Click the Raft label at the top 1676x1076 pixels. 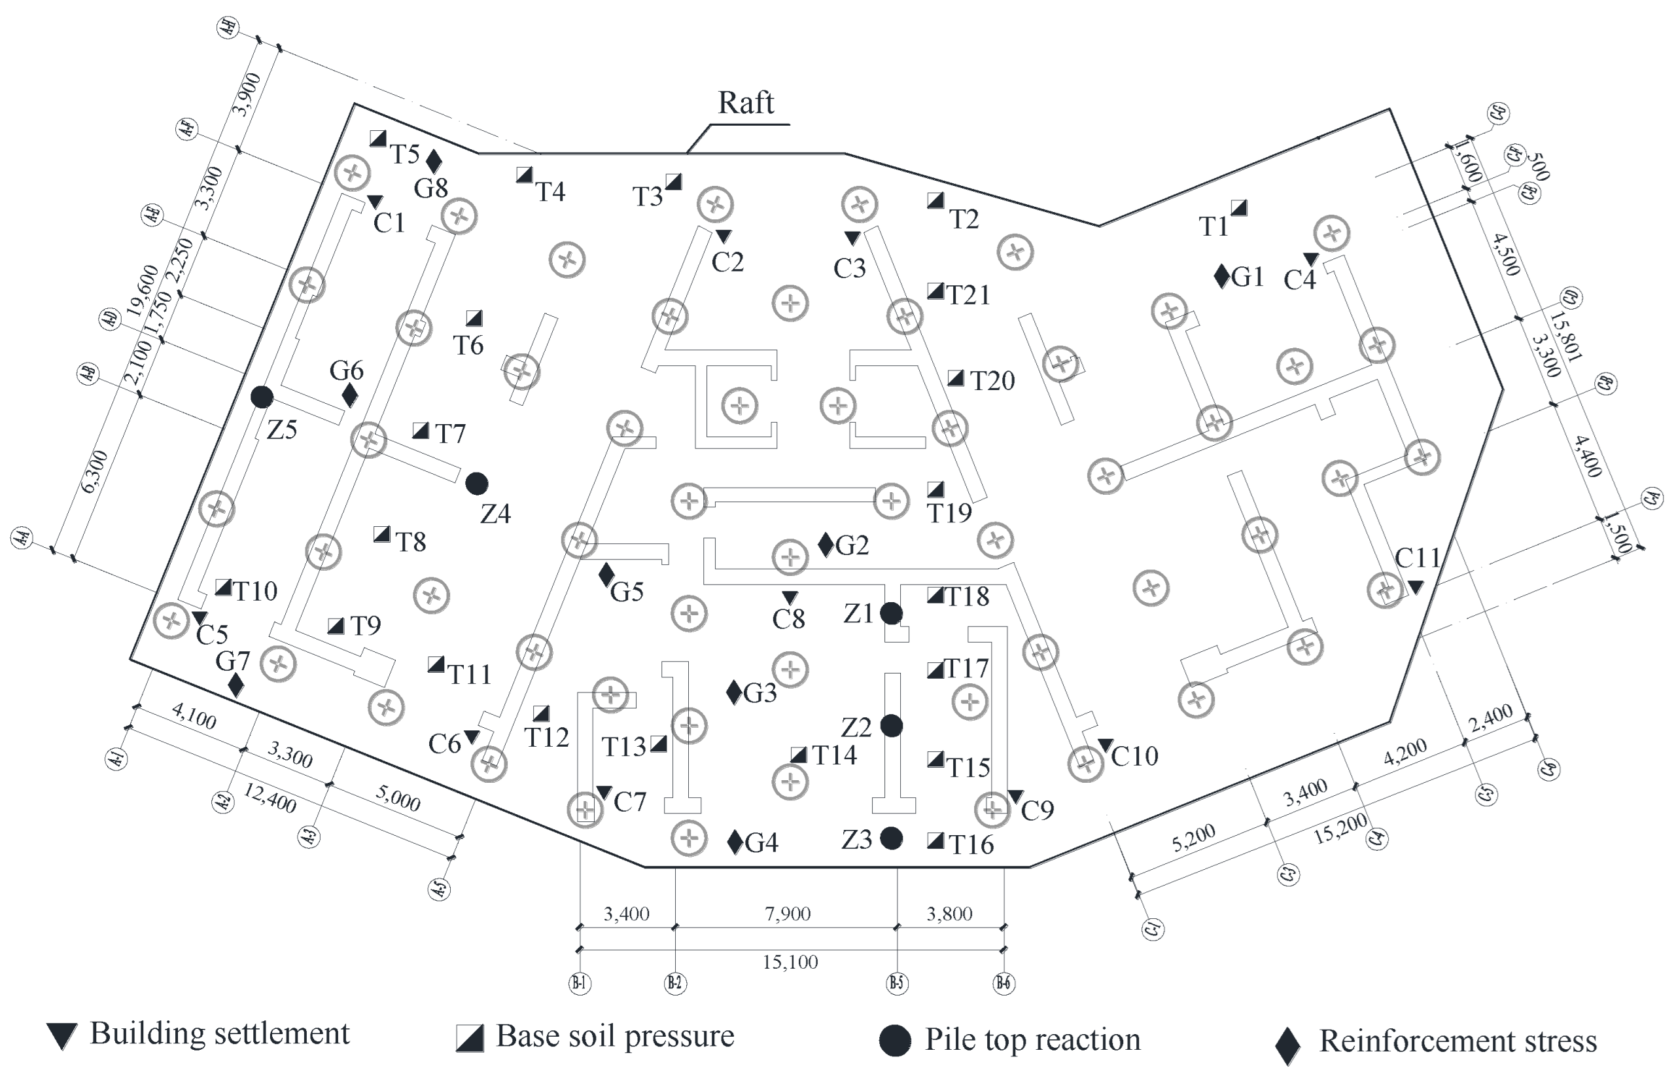point(746,103)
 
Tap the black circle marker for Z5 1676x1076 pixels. point(262,397)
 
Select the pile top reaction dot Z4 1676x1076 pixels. point(476,483)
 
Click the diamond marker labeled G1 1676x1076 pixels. point(1221,276)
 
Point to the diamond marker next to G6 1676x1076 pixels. point(350,395)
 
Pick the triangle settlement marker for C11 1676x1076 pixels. point(1415,587)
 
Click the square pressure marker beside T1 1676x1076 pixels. point(1239,207)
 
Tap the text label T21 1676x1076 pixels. point(969,295)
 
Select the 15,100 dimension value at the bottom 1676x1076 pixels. point(790,962)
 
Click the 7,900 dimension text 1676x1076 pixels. point(788,914)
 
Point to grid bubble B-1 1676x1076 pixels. point(580,983)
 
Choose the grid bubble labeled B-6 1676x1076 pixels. point(1003,983)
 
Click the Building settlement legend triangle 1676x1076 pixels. point(62,1036)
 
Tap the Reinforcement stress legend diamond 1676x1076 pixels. point(1287,1046)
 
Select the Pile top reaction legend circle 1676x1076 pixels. point(894,1041)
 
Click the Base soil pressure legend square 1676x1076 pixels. point(470,1038)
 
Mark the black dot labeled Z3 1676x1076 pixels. point(891,838)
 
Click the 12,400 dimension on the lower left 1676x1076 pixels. point(270,798)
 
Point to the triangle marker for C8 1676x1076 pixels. point(789,598)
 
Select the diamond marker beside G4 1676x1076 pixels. point(735,842)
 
